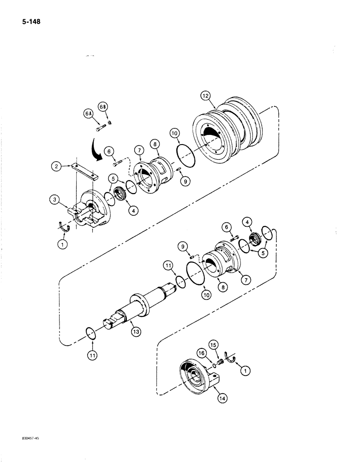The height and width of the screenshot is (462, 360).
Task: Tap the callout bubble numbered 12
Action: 205,96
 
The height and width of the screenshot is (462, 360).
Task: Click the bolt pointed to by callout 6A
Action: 102,126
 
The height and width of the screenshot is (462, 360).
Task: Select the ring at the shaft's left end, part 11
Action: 91,334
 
